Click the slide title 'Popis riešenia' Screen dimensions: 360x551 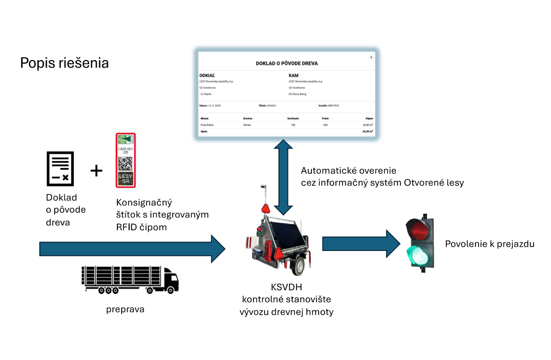(64, 63)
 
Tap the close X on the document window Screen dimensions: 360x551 (371, 57)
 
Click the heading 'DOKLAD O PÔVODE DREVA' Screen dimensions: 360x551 (287, 63)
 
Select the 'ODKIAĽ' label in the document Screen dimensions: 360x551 (207, 76)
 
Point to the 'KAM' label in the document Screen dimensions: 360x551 (293, 76)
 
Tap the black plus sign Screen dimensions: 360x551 (96, 170)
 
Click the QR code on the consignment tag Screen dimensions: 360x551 (126, 163)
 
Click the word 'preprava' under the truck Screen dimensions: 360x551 (125, 308)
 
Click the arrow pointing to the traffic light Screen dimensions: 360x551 (361, 244)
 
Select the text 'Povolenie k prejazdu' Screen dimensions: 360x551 (489, 244)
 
